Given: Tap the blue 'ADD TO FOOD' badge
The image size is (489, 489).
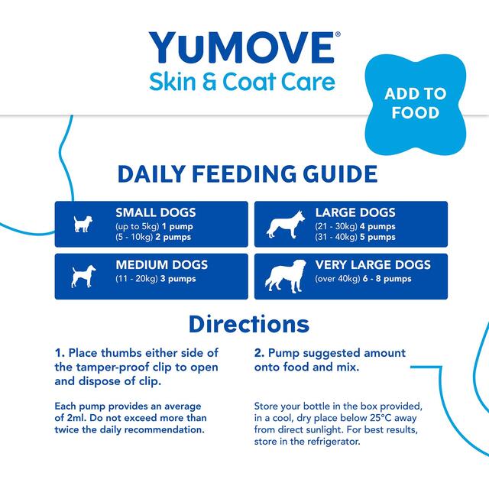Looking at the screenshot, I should click(x=415, y=103).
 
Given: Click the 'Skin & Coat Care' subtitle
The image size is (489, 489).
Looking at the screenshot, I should click(x=241, y=81).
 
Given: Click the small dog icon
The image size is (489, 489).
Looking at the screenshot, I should click(x=82, y=223).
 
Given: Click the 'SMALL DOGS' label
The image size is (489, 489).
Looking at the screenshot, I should click(x=155, y=212).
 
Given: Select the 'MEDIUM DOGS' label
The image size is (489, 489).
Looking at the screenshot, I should click(x=161, y=265).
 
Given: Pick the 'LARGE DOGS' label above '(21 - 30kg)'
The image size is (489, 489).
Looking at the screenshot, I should click(x=355, y=212).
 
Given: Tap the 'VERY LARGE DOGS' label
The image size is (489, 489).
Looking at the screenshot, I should click(x=373, y=265).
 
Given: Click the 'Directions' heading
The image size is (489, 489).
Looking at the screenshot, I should click(x=248, y=323).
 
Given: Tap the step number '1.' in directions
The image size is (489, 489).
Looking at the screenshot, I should click(x=60, y=353).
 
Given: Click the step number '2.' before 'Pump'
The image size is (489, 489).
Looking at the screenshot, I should click(x=259, y=353).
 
